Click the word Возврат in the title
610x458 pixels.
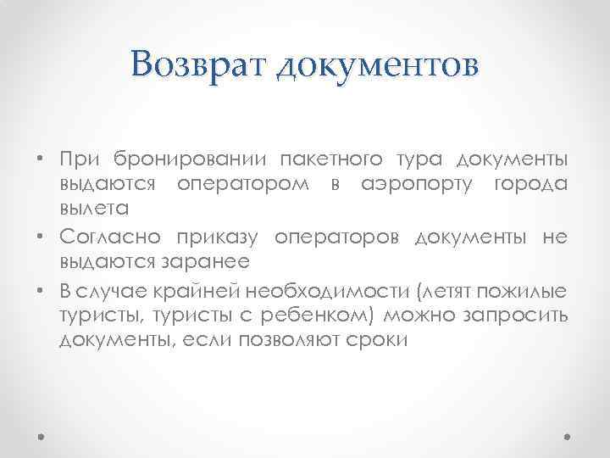point(199,64)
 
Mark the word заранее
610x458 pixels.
point(211,261)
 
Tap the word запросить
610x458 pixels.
point(522,316)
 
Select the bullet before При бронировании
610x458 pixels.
point(42,160)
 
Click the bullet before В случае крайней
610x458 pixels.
point(42,293)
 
